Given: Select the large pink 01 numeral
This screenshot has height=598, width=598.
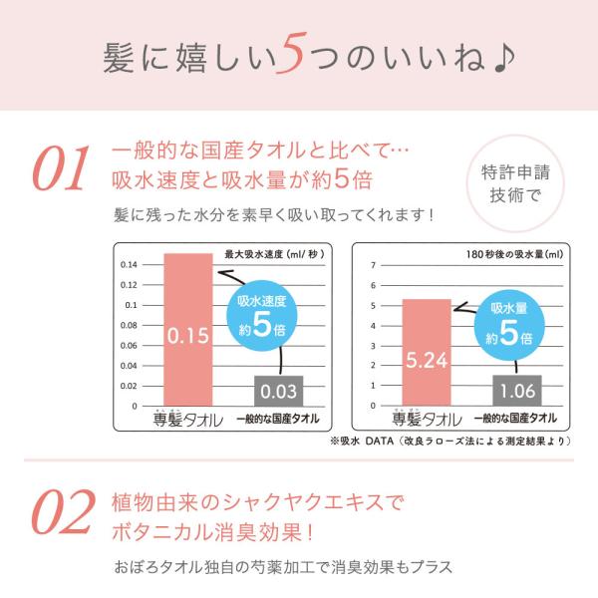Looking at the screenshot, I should [x=63, y=171].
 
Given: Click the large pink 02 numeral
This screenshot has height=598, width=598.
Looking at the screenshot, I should [x=63, y=516].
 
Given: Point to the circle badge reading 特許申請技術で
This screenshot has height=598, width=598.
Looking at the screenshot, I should [x=514, y=181].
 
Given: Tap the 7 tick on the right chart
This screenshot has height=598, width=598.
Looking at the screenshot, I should [x=372, y=264].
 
